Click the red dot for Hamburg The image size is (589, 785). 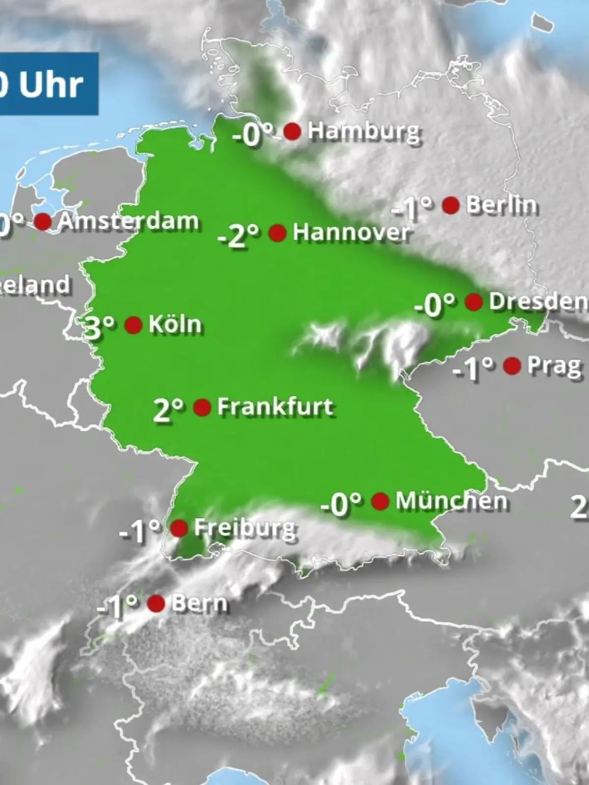[x=293, y=131]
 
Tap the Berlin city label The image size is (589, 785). [x=501, y=205]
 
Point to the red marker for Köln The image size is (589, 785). [x=134, y=325]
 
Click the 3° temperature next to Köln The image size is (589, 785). [x=100, y=327]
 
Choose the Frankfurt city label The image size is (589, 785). [x=275, y=407]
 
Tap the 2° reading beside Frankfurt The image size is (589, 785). [x=168, y=410]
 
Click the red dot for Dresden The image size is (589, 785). [x=474, y=302]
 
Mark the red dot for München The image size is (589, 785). [x=380, y=501]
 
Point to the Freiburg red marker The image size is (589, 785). [x=179, y=528]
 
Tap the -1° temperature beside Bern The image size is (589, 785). [x=117, y=606]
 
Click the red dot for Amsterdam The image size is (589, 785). [x=43, y=221]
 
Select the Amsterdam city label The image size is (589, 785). [x=128, y=221]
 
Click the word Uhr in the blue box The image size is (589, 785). [x=51, y=85]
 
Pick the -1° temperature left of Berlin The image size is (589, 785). [x=412, y=208]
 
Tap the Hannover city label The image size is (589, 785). [x=351, y=233]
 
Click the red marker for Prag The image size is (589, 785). [x=512, y=366]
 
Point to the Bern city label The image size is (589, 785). [x=199, y=603]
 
